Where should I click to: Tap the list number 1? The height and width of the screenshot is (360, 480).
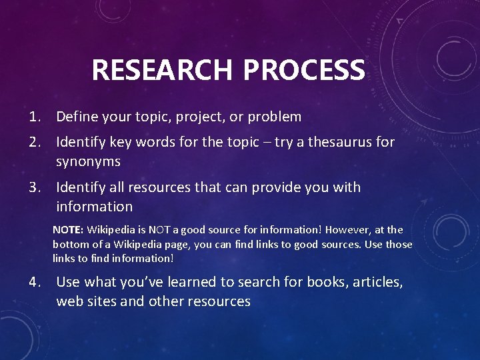click(35, 117)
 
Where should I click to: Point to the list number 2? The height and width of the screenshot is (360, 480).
click(35, 142)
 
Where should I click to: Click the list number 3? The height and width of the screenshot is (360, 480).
click(35, 187)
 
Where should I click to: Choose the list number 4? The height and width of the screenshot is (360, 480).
click(35, 282)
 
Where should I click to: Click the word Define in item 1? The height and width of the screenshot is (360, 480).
click(77, 117)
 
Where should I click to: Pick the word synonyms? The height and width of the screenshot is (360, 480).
click(88, 162)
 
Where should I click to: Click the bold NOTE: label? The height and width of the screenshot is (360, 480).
click(69, 230)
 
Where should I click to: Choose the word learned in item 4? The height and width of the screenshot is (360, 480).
click(175, 282)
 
